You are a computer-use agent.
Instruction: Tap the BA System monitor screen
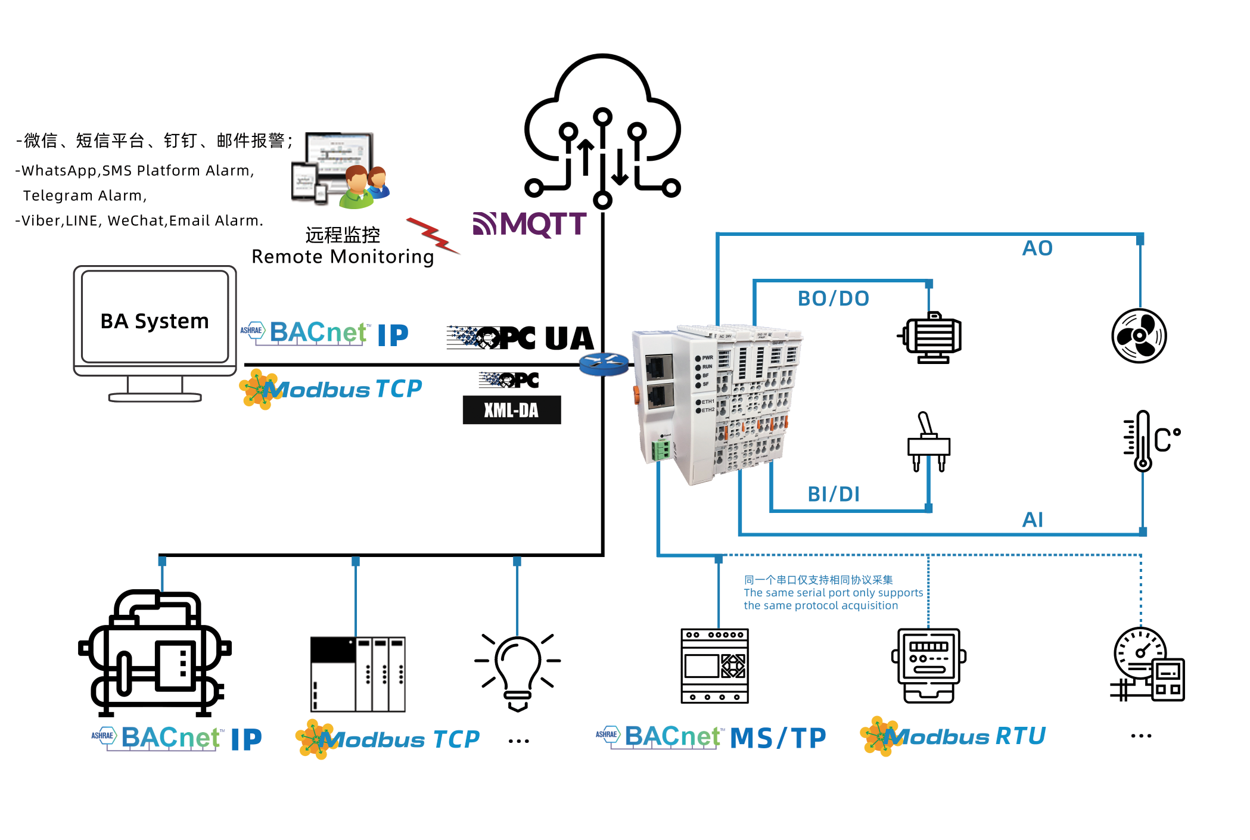(x=155, y=317)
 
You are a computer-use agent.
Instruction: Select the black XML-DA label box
(x=511, y=410)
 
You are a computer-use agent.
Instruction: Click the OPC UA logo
(x=521, y=338)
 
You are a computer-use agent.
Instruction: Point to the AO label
(x=1037, y=248)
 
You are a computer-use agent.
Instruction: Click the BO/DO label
(x=834, y=298)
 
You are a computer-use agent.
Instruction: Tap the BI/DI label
(x=834, y=494)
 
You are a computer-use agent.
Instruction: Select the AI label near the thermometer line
(x=1033, y=519)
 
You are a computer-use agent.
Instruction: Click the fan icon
(x=1139, y=335)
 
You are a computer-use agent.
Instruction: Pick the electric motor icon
(x=931, y=337)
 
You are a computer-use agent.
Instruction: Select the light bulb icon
(x=517, y=670)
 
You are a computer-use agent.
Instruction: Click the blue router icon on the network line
(x=604, y=364)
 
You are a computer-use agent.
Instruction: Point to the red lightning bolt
(x=433, y=235)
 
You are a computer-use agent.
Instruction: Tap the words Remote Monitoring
(x=343, y=257)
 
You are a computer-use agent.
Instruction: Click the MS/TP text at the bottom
(x=778, y=738)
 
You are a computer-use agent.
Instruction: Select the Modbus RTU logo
(x=953, y=736)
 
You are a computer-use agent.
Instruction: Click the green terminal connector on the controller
(x=661, y=449)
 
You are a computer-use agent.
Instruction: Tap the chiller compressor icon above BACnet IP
(x=155, y=652)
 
